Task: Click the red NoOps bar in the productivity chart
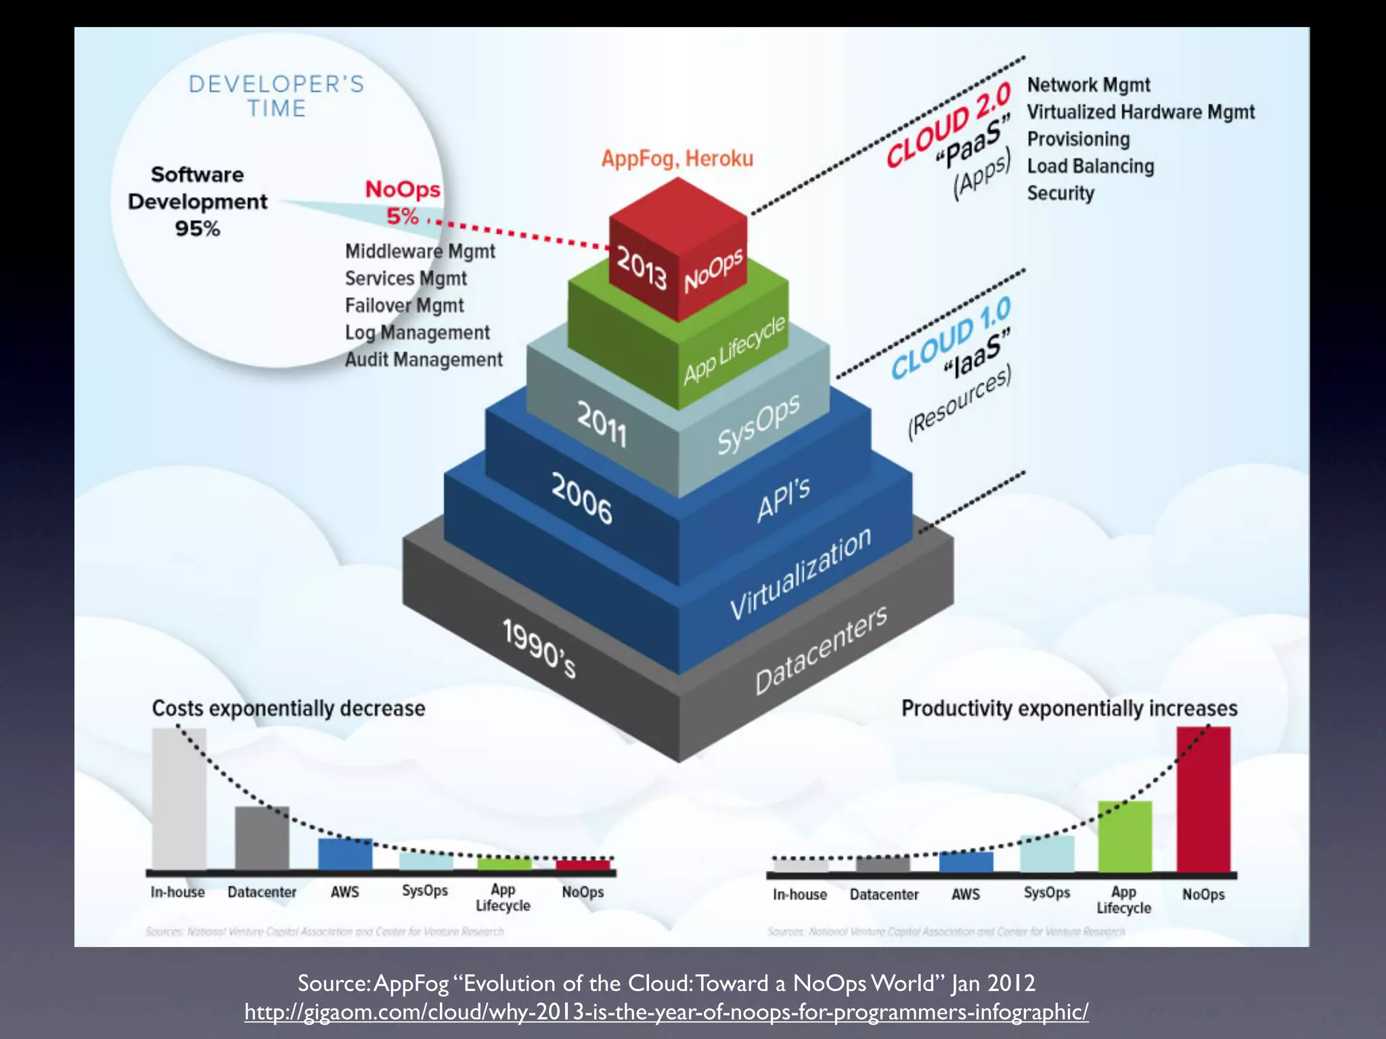click(1203, 800)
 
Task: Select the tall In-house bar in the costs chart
click(179, 798)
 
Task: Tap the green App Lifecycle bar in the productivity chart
click(1124, 837)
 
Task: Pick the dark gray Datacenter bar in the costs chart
click(262, 837)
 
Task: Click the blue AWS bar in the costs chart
click(345, 854)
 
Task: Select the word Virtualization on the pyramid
click(801, 574)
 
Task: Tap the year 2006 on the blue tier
click(581, 499)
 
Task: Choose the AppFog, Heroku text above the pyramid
click(677, 158)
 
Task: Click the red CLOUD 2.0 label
click(948, 125)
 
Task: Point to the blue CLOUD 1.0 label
click(950, 338)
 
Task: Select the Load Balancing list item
click(1090, 166)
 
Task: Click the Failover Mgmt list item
click(404, 306)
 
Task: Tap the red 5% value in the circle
click(402, 216)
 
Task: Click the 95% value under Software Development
click(198, 229)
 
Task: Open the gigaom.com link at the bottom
click(667, 1012)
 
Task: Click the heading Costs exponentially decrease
click(288, 708)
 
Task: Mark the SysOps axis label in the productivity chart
click(1046, 893)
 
